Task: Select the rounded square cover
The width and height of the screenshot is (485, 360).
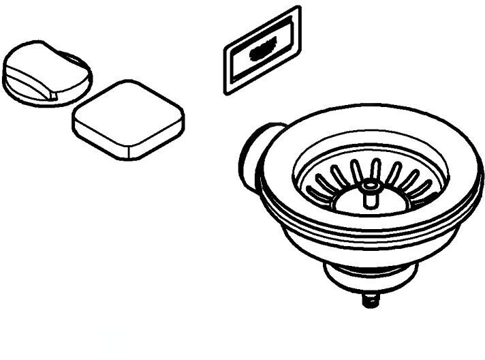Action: click(128, 121)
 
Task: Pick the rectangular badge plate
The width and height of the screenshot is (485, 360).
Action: click(262, 50)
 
